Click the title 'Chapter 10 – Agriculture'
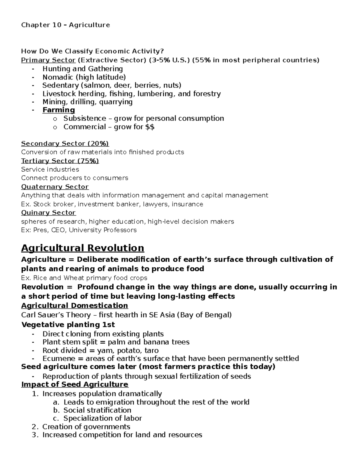point(65,25)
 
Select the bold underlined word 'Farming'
point(58,110)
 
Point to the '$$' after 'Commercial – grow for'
point(150,127)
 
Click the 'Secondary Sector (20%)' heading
point(65,143)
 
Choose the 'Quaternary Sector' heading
point(55,187)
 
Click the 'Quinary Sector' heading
point(48,212)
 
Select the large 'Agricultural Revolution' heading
point(82,248)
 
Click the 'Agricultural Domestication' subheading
point(74,305)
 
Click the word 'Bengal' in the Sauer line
point(219,315)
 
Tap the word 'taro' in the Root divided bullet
point(151,350)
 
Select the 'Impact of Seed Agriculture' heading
point(74,384)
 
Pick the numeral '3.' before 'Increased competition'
point(35,435)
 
